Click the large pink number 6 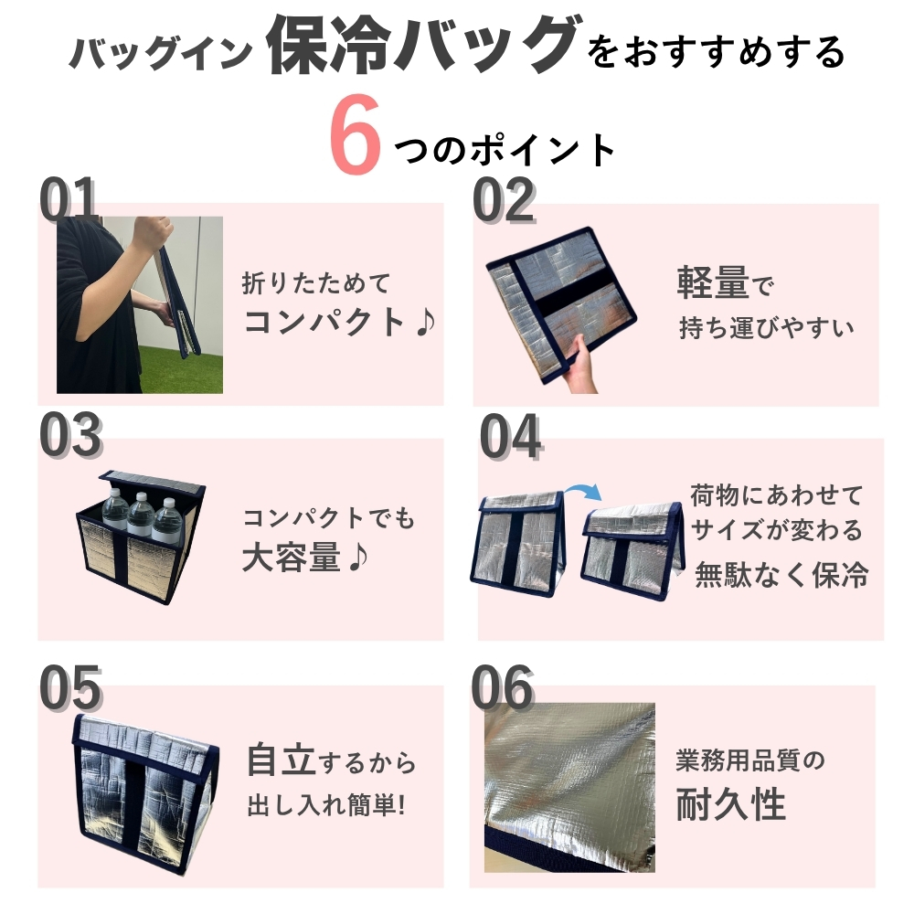pyautogui.click(x=355, y=134)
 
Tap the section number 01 pyautogui.click(x=68, y=198)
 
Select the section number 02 pyautogui.click(x=504, y=200)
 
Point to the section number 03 pyautogui.click(x=70, y=434)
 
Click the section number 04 pyautogui.click(x=511, y=436)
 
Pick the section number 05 pyautogui.click(x=70, y=688)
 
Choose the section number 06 pyautogui.click(x=503, y=688)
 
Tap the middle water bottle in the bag pyautogui.click(x=141, y=516)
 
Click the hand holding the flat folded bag pyautogui.click(x=580, y=366)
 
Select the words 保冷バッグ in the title pyautogui.click(x=424, y=46)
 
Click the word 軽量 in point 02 pyautogui.click(x=713, y=283)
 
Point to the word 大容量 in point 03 pyautogui.click(x=291, y=558)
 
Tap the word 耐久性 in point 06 pyautogui.click(x=730, y=803)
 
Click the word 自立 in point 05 pyautogui.click(x=282, y=760)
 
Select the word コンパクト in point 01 pyautogui.click(x=324, y=322)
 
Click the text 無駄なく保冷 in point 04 pyautogui.click(x=781, y=574)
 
